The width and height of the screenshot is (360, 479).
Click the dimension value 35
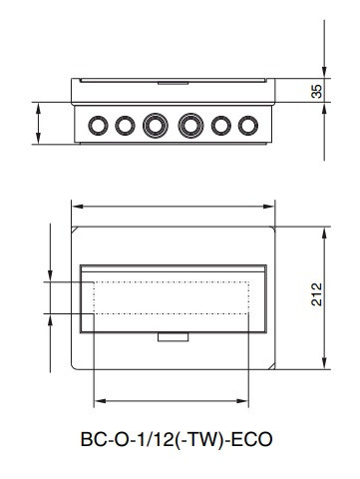point(317,91)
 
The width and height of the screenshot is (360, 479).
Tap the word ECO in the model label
point(252,438)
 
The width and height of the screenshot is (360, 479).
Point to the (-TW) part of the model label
point(200,438)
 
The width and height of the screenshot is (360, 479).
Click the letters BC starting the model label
point(91,438)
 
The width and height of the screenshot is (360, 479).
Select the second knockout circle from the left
point(124,125)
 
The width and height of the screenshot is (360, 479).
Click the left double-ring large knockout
point(155,125)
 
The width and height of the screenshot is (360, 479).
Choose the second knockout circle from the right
point(220,125)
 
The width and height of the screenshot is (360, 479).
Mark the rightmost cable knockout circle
point(245,125)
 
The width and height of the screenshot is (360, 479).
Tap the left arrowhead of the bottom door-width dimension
point(96,402)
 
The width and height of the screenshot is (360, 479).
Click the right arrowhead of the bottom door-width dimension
point(249,402)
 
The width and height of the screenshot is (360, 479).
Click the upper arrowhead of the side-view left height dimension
point(38,105)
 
